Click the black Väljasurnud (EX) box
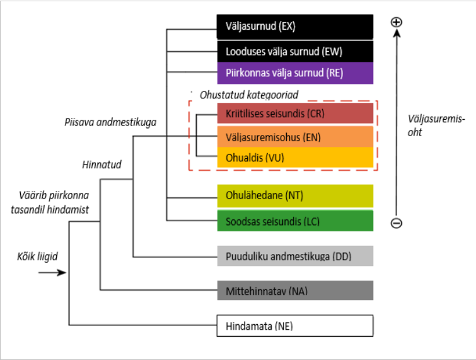coord(295,27)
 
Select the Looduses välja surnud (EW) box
coord(295,51)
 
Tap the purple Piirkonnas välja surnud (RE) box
coord(295,73)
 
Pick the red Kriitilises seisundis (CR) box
coord(295,113)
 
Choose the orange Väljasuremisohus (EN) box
coord(295,136)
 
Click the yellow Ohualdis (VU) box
coord(295,157)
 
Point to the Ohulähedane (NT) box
coord(295,195)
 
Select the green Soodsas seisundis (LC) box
coord(295,221)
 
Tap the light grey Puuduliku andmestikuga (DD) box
coord(295,256)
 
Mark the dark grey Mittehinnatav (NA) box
coord(295,291)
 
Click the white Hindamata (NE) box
coord(295,326)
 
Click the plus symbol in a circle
coord(397,22)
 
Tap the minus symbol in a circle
coord(397,223)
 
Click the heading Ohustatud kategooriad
coord(248,95)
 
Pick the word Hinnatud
coord(102,165)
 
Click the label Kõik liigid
coord(38,257)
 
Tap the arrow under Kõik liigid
coord(52,272)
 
